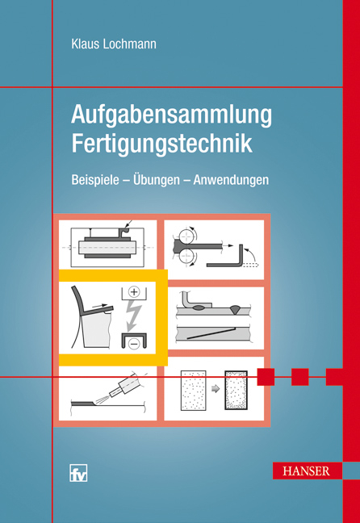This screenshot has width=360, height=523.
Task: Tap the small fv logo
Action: [x=78, y=474]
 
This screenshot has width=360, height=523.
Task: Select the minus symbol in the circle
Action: [x=134, y=341]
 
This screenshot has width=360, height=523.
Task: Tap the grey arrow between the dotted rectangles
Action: [x=216, y=388]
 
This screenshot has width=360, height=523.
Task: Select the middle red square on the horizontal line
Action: [x=300, y=377]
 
